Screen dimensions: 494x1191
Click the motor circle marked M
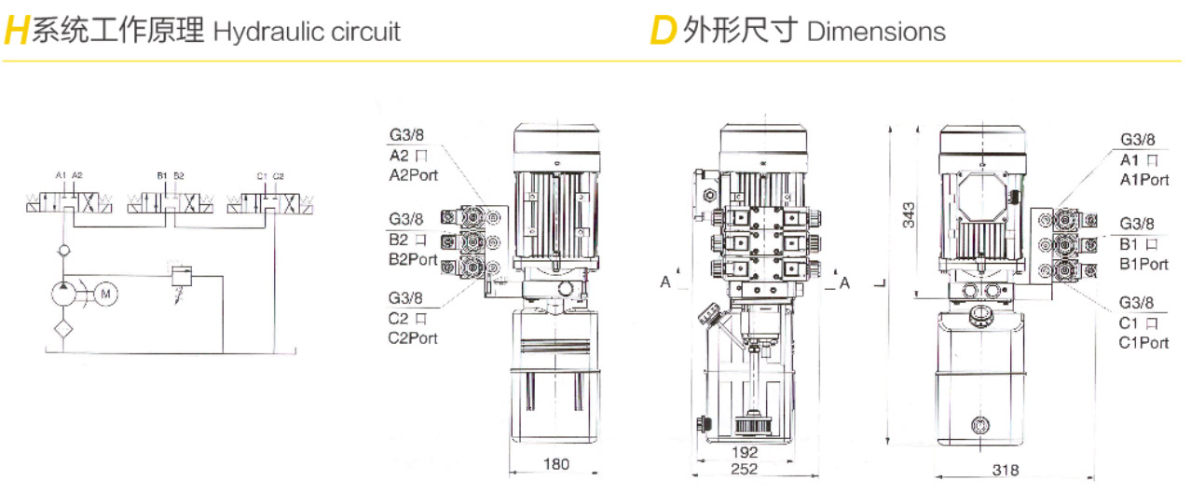[105, 294]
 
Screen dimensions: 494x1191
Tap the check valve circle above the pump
[63, 251]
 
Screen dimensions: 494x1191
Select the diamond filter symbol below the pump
[63, 328]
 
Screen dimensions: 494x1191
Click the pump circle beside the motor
[64, 294]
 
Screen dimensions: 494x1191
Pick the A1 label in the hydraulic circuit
[61, 175]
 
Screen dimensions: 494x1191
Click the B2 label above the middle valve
[178, 175]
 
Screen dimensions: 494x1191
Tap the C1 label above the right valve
[262, 175]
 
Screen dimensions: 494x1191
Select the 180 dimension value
[555, 463]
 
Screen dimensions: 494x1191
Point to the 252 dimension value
[744, 470]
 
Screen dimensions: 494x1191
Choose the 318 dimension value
[1005, 470]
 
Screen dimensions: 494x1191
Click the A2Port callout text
[413, 175]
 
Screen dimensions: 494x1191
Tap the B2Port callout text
[413, 258]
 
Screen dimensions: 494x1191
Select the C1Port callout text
[1143, 342]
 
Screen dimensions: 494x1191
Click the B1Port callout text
[1143, 264]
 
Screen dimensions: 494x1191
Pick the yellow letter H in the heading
[16, 32]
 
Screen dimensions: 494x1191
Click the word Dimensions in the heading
[876, 32]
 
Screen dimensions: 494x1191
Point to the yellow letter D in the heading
[662, 32]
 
